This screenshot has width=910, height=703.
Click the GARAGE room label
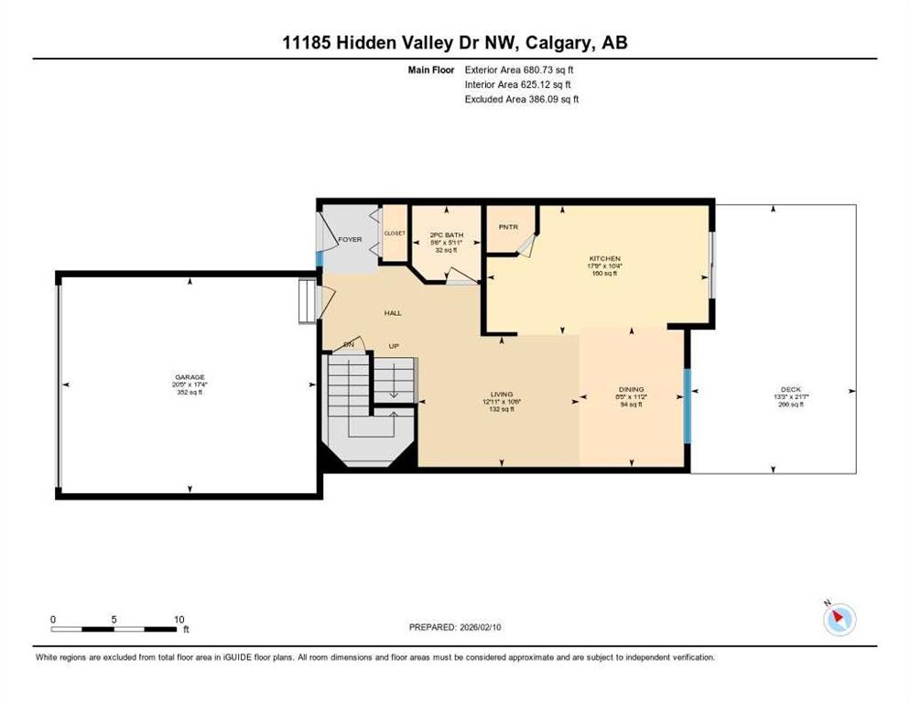[x=190, y=376]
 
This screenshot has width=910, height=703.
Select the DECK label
[x=790, y=389]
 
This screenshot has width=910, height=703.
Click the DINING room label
[x=632, y=389]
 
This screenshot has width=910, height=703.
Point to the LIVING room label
[x=500, y=395]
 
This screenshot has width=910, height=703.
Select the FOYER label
[x=350, y=240]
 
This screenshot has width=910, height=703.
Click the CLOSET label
[x=395, y=233]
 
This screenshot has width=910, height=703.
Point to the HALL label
[x=392, y=313]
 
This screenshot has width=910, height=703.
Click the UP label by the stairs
[x=394, y=346]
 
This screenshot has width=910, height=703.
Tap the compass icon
[x=839, y=620]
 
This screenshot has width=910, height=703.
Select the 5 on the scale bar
[x=114, y=619]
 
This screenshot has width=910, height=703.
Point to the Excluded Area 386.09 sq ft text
[x=522, y=99]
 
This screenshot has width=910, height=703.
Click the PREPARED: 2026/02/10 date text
[x=455, y=627]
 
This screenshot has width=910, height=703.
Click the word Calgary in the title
[x=543, y=43]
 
